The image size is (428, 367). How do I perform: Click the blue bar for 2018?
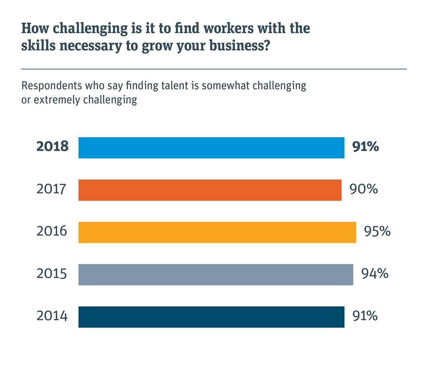pos(211,148)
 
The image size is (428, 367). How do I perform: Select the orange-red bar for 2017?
pos(210,190)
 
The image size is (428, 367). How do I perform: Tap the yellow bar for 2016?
pos(217,232)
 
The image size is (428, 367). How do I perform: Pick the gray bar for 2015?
pos(216,274)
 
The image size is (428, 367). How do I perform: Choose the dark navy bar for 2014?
pos(211,317)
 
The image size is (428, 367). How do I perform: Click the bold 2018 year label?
pos(52,147)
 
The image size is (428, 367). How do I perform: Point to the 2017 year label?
pos(52,189)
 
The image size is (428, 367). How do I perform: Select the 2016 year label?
pos(52,231)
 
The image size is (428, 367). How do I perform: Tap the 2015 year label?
pos(52,274)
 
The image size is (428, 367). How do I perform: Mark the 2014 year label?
pos(52,316)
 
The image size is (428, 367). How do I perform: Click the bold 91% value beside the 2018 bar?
pos(365,147)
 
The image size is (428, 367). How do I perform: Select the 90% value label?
pos(363,189)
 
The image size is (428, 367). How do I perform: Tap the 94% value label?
pos(374,274)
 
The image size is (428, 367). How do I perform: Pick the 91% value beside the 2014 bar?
pos(365,316)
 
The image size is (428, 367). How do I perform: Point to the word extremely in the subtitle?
pos(57,99)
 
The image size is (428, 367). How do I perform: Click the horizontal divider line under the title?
pos(214,69)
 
